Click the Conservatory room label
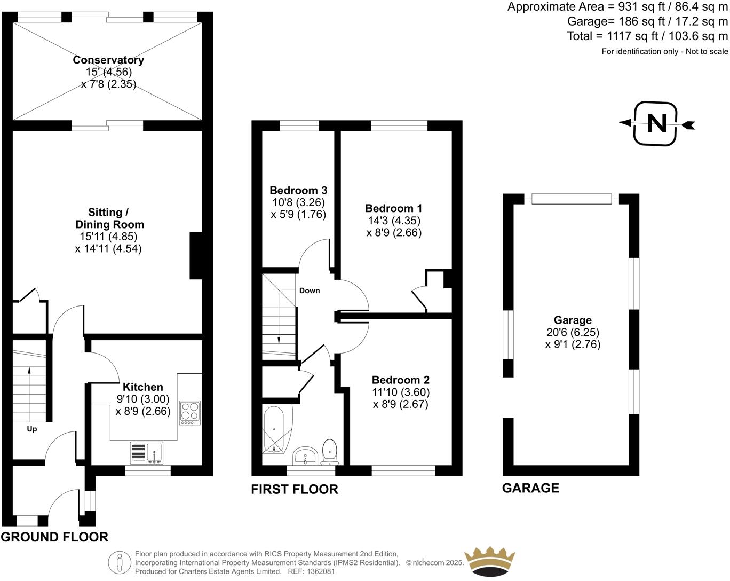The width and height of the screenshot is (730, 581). coord(108,60)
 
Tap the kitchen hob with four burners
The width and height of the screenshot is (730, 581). coord(190,412)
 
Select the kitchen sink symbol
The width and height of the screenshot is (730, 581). coord(147,453)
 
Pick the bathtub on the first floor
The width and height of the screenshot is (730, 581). coord(276,430)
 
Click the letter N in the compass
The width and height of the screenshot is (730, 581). coord(656,124)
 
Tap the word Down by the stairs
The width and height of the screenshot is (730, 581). coord(310,290)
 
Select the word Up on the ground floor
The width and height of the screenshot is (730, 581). coord(32,429)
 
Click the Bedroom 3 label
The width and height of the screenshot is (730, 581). coord(298,190)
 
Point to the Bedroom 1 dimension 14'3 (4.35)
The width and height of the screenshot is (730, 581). coord(393,221)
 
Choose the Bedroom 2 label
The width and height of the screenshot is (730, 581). coord(400,380)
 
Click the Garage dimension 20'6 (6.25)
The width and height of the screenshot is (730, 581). coord(573,332)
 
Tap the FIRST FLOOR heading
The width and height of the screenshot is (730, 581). coord(295,489)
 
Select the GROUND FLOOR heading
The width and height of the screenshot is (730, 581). coord(54,537)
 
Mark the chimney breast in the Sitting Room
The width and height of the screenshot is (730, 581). coord(196,256)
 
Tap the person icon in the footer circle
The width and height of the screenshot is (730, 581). coord(120,562)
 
